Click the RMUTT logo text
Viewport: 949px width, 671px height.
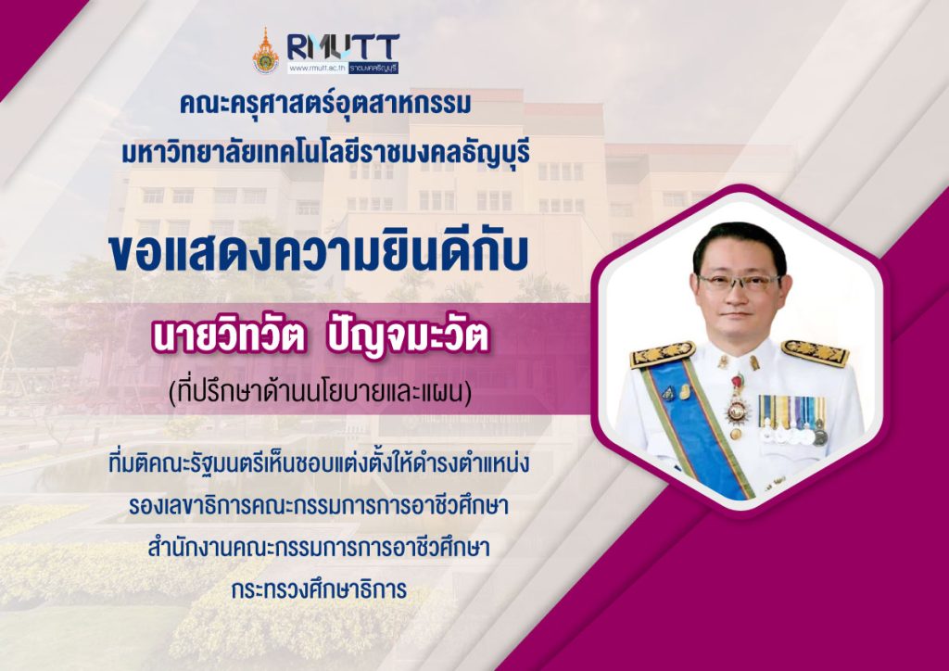pyautogui.click(x=343, y=47)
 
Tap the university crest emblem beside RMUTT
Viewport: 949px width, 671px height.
pyautogui.click(x=265, y=51)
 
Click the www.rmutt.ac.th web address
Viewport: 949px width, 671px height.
pyautogui.click(x=317, y=68)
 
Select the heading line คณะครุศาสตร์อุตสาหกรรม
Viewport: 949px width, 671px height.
pyautogui.click(x=325, y=104)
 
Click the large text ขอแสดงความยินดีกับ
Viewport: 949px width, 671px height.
pyautogui.click(x=319, y=253)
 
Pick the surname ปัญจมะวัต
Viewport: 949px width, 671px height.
pyautogui.click(x=407, y=339)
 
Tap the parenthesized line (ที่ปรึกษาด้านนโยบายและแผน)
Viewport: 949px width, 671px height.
pyautogui.click(x=320, y=392)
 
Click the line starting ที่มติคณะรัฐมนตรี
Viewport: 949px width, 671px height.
pyautogui.click(x=319, y=464)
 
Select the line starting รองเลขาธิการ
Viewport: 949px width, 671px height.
pyautogui.click(x=319, y=506)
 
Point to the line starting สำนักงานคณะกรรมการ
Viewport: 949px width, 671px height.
pyautogui.click(x=319, y=548)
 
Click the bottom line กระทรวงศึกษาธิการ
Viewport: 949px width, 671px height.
pyautogui.click(x=319, y=589)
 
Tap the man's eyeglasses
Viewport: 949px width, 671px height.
pyautogui.click(x=739, y=282)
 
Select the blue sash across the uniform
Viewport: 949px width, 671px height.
pyautogui.click(x=695, y=424)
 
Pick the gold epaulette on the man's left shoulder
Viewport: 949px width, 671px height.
pyautogui.click(x=815, y=353)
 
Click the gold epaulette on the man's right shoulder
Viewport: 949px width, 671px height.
pyautogui.click(x=662, y=355)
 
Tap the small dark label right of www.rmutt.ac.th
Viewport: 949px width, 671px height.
pyautogui.click(x=373, y=68)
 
